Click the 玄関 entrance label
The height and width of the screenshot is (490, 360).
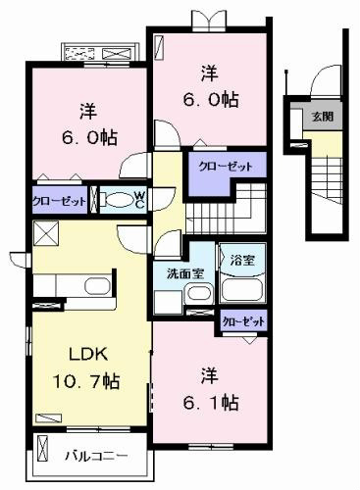[x=323, y=117]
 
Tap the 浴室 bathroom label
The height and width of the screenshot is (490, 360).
[x=242, y=260]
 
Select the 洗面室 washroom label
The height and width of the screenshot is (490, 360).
[x=185, y=273]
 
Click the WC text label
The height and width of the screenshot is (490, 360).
[x=139, y=200]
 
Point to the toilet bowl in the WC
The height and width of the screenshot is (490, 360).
[x=120, y=199]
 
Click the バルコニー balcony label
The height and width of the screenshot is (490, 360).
[x=96, y=456]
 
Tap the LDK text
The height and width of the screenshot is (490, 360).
[x=88, y=354]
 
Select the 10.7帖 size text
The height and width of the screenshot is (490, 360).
[x=86, y=381]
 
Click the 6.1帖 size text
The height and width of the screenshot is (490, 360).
[x=210, y=403]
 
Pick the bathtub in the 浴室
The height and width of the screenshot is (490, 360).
[x=242, y=290]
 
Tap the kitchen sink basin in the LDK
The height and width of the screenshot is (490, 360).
[x=97, y=286]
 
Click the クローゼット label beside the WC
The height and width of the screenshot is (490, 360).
[x=59, y=201]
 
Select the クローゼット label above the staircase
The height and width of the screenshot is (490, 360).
[x=226, y=167]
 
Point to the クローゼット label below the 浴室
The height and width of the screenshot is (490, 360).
[x=243, y=322]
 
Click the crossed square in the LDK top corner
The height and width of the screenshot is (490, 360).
[x=46, y=233]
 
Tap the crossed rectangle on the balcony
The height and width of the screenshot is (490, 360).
[x=43, y=448]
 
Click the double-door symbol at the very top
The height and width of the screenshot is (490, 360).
[x=210, y=19]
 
